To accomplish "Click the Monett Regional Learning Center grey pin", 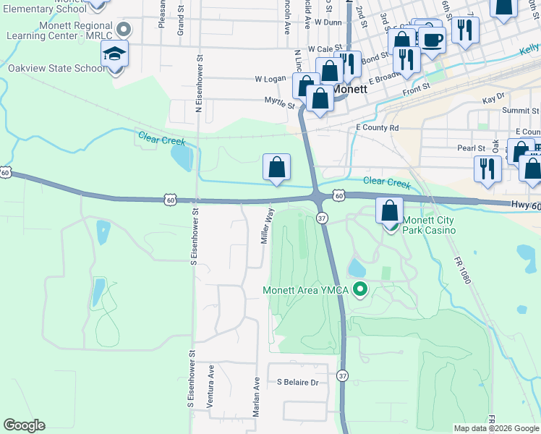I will (x=124, y=30).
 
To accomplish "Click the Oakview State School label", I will (x=56, y=69).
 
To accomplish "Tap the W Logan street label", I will (x=270, y=79).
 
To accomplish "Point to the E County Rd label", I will (x=378, y=127).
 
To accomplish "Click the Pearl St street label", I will (x=471, y=148).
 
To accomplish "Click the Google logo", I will (x=24, y=425).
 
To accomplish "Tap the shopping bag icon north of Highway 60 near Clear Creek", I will (x=276, y=168).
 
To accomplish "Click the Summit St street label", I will (x=521, y=111).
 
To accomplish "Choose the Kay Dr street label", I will (x=493, y=96).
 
